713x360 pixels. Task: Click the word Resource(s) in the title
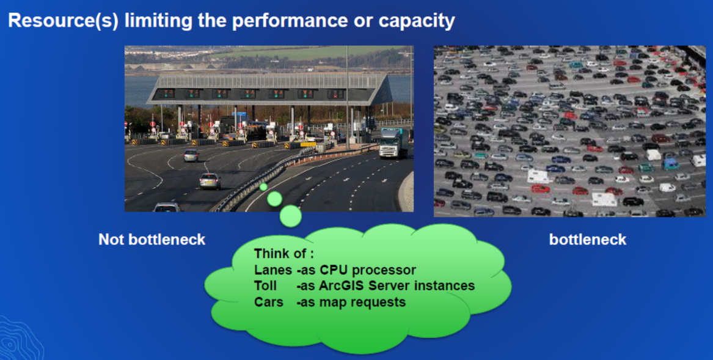click(63, 21)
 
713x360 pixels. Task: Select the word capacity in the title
click(417, 21)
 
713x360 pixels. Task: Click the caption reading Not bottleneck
click(152, 240)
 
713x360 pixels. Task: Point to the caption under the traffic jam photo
click(588, 240)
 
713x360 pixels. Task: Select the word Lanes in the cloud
click(273, 270)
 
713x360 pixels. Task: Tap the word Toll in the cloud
click(265, 286)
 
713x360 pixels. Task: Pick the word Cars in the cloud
click(268, 302)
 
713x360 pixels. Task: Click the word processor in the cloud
click(384, 270)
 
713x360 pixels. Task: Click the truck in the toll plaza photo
click(394, 143)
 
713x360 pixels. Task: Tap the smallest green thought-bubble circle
click(263, 186)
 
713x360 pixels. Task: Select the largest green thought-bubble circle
click(291, 216)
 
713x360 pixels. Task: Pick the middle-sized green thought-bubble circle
click(275, 199)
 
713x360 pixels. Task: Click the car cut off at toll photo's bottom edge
click(167, 207)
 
